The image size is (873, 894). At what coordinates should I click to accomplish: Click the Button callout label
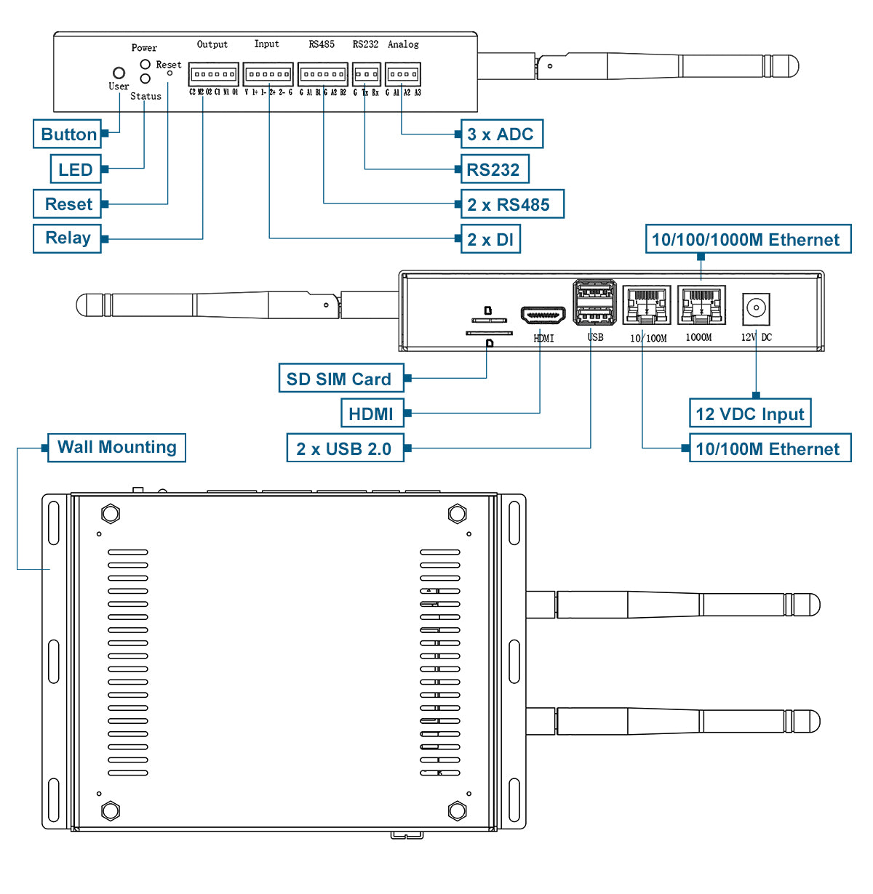click(68, 134)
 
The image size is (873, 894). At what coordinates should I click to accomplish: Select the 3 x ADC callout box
click(501, 134)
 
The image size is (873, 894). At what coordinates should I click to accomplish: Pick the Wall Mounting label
click(116, 447)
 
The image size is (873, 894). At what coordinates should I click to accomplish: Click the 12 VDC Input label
click(749, 414)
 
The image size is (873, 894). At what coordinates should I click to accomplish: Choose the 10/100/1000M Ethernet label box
click(747, 240)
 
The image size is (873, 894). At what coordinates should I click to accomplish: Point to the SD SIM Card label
click(340, 379)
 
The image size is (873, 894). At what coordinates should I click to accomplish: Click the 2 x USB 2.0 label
click(345, 448)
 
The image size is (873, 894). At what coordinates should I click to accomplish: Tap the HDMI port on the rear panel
click(543, 317)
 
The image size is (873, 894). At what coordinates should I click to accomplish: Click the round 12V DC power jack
click(756, 308)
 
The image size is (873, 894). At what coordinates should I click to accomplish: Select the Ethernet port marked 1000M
click(701, 305)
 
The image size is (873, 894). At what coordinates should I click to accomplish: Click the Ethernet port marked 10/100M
click(647, 305)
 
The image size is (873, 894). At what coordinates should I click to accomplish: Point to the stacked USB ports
click(595, 303)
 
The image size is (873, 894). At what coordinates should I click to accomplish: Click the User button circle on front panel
click(119, 73)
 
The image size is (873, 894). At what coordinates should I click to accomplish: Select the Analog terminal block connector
click(403, 75)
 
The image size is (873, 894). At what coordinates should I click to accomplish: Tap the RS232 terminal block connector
click(366, 75)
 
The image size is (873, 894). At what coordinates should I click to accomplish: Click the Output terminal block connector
click(213, 75)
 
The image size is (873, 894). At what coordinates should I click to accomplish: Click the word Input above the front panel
click(266, 44)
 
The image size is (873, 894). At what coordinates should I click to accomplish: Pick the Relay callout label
click(67, 238)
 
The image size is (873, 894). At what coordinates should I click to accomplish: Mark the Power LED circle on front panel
click(145, 65)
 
